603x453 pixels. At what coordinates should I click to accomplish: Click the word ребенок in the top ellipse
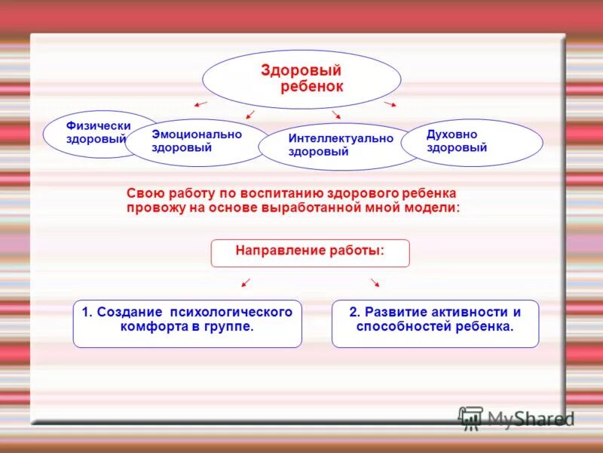(x=312, y=87)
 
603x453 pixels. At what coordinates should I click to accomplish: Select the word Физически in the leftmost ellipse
(x=99, y=126)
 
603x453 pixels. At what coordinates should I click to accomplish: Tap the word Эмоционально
(x=197, y=134)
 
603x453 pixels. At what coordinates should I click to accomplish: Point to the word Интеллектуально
(x=341, y=139)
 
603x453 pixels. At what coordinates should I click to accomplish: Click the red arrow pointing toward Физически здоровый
(x=201, y=103)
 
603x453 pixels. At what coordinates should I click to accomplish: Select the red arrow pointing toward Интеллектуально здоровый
(x=336, y=115)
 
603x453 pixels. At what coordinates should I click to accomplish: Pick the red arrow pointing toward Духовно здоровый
(x=390, y=103)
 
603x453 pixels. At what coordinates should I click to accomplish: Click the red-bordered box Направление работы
(x=310, y=253)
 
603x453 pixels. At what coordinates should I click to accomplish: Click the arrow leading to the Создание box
(x=245, y=282)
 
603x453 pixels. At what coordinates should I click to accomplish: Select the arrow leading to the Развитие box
(x=375, y=282)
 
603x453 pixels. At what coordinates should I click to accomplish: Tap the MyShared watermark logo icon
(x=471, y=418)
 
